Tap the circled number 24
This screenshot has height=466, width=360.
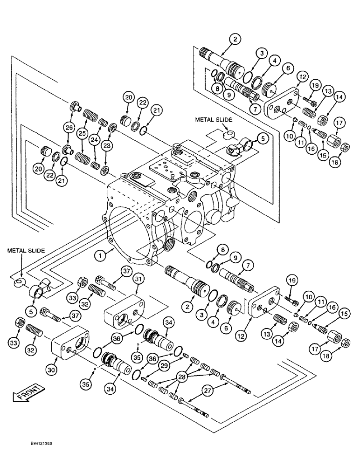pos(95,140)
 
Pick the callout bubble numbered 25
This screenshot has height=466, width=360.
pos(82,134)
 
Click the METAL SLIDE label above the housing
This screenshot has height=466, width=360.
pos(213,120)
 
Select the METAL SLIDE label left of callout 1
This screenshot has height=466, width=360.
pos(26,250)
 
